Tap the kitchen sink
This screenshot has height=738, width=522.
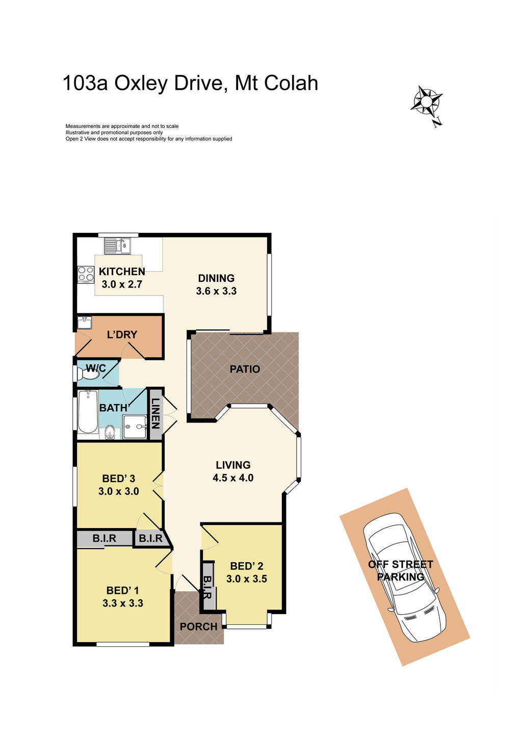[x=118, y=247]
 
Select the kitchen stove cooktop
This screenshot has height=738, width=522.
[x=86, y=274]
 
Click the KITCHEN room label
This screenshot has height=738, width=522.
[x=122, y=272]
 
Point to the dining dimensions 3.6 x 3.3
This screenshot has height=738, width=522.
[x=216, y=292]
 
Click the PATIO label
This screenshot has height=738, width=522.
[x=245, y=369]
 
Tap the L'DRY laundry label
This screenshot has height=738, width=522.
[x=122, y=335]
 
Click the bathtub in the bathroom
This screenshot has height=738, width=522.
[x=88, y=411]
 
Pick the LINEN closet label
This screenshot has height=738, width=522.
[x=155, y=413]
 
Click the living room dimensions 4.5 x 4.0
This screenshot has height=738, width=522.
[x=233, y=478]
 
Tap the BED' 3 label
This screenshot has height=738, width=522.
[x=118, y=479]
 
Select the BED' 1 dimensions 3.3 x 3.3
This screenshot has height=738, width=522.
[x=122, y=603]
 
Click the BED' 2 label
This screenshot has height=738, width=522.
[x=246, y=566]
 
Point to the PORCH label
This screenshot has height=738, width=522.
[x=198, y=627]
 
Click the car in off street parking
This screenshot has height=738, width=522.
[x=404, y=576]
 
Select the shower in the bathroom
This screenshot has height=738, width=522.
[x=135, y=427]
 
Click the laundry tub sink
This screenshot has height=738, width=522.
[x=85, y=323]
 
